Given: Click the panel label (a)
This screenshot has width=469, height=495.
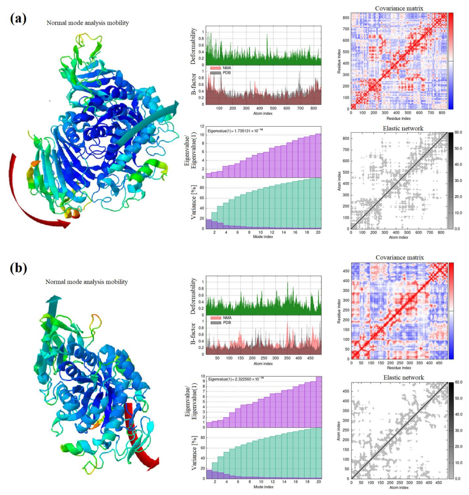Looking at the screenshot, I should coord(18,19).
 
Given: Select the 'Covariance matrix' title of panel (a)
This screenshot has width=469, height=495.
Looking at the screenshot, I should coord(399,8).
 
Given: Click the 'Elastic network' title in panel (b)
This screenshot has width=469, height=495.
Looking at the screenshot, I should coord(404,377).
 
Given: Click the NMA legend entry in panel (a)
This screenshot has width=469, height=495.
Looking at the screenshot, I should coord(226,68).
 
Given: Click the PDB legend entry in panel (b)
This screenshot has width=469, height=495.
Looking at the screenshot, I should coord(226,323).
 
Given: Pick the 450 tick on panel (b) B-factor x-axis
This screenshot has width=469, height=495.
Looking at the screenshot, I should coord(310,358).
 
